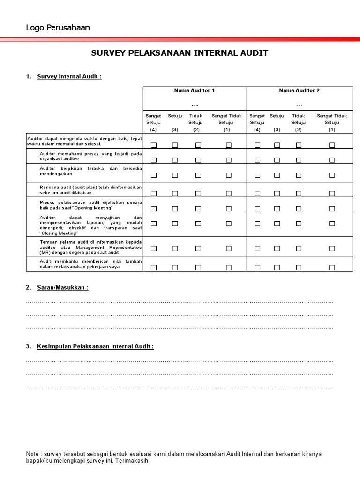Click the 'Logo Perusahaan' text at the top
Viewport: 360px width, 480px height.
(58, 28)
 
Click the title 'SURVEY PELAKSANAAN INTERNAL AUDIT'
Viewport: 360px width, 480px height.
(180, 53)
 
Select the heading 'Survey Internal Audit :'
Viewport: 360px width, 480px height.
(69, 76)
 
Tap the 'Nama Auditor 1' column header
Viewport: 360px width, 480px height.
(195, 90)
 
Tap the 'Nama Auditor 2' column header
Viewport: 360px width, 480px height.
(299, 90)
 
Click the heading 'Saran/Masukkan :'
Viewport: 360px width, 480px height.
(63, 287)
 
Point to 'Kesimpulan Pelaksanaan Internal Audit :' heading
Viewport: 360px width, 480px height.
(96, 346)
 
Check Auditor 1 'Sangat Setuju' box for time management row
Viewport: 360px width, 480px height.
(154, 145)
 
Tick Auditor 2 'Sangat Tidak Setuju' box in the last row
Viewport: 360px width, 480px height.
(332, 268)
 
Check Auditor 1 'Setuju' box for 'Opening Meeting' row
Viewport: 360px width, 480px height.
(175, 207)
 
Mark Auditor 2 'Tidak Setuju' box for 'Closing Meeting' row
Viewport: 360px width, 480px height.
(299, 224)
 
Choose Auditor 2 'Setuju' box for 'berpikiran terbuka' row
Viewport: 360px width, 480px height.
(277, 175)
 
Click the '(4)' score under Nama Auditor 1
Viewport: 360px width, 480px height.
(154, 129)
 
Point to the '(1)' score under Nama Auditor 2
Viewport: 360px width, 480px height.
(332, 129)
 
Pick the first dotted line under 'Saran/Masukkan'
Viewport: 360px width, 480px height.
(180, 303)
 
